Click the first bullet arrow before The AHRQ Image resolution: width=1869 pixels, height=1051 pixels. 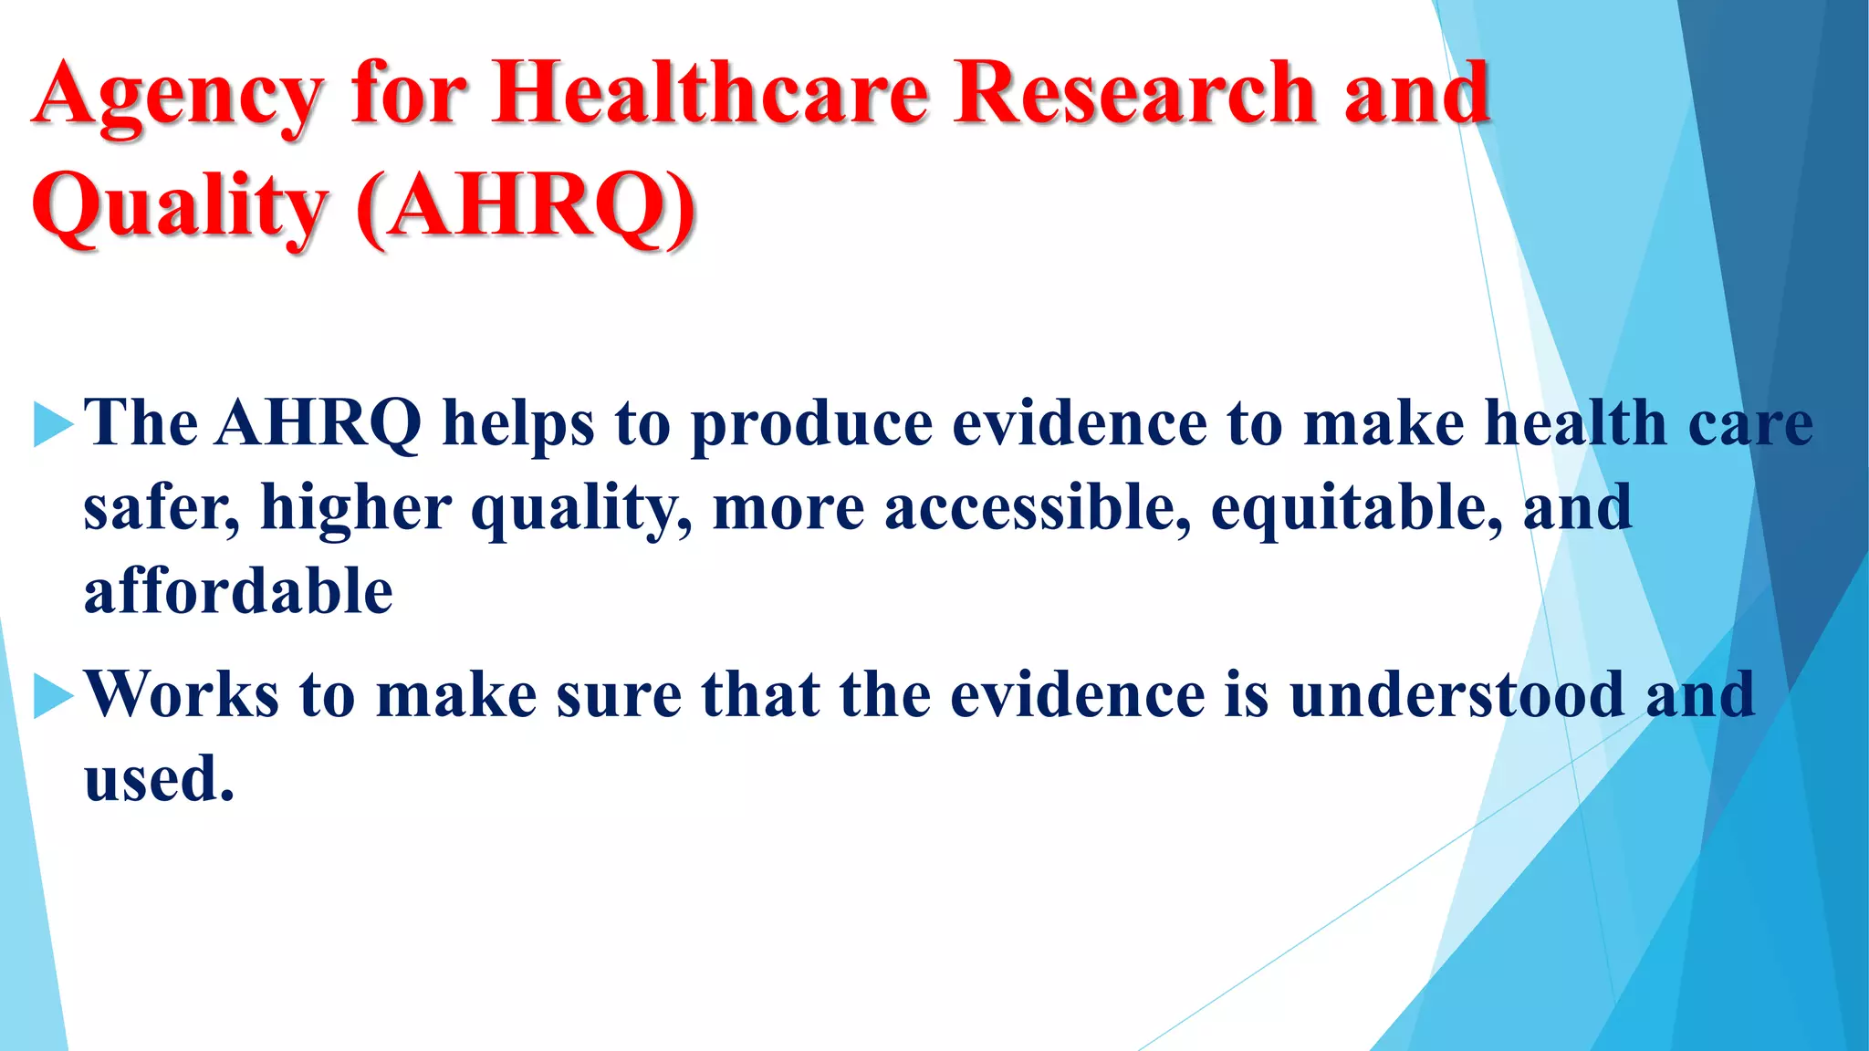click(x=52, y=424)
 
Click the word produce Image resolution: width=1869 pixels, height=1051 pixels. click(x=811, y=425)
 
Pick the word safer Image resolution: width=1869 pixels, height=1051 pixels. click(x=161, y=508)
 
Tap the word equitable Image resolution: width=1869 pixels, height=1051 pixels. click(x=1356, y=508)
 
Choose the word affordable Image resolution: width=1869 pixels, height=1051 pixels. click(x=238, y=592)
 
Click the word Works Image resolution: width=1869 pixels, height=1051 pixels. click(x=182, y=695)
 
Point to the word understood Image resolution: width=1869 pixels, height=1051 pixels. click(x=1457, y=695)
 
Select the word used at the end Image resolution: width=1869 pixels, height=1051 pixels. click(x=158, y=780)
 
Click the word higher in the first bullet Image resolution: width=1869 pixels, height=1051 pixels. click(x=356, y=508)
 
